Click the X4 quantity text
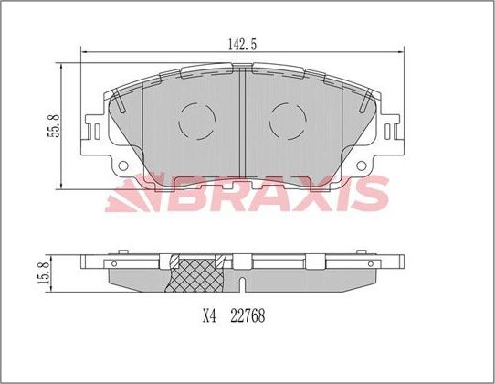(208, 318)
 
